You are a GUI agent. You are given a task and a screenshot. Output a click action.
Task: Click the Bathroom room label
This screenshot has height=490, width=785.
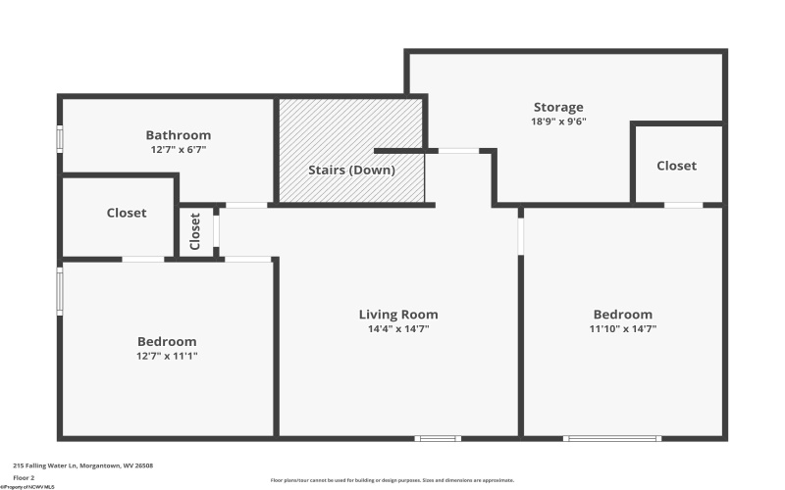click(x=178, y=135)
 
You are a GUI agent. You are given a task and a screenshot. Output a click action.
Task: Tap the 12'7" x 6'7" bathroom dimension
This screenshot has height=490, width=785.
click(x=178, y=150)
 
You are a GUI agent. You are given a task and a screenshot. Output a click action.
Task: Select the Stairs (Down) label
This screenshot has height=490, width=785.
click(x=351, y=170)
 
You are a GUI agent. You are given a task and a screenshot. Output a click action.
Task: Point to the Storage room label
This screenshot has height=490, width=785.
click(x=558, y=107)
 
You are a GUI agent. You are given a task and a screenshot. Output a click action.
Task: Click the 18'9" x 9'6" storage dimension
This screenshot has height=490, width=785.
click(x=558, y=122)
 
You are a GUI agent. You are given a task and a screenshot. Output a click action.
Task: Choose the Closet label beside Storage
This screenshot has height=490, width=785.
click(x=676, y=166)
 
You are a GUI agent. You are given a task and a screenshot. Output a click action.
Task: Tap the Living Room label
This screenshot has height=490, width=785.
click(x=397, y=315)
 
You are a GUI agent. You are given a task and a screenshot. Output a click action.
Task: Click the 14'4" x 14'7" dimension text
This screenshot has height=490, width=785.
click(x=397, y=329)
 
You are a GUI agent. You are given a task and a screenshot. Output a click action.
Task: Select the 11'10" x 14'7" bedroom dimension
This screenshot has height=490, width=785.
click(x=622, y=329)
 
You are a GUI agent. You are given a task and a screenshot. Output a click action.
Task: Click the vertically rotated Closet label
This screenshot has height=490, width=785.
click(x=195, y=231)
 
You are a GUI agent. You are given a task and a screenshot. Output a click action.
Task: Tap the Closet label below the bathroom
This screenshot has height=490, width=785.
click(x=127, y=213)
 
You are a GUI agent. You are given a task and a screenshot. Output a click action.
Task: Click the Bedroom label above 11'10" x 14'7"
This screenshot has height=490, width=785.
click(x=622, y=315)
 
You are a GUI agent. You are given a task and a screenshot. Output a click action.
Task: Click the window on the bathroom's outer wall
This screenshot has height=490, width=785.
click(x=60, y=139)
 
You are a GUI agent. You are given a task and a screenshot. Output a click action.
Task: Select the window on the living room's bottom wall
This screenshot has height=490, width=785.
click(x=439, y=438)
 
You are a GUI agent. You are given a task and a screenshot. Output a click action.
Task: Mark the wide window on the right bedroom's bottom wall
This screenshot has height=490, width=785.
click(x=611, y=438)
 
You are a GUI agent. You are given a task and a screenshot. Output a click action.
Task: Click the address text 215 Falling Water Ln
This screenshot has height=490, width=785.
click(x=82, y=465)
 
